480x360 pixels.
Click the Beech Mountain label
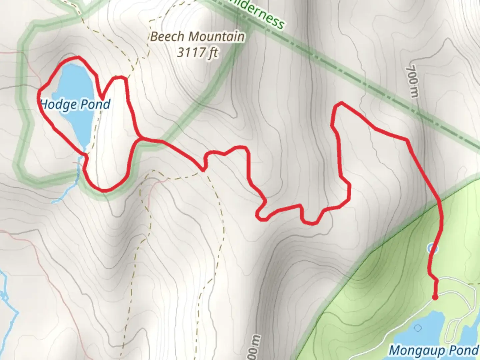197,36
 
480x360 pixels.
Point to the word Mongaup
417,351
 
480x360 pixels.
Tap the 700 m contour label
412,81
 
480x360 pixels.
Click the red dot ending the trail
435,297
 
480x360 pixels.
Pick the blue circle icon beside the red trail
432,248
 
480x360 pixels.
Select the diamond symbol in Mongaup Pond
418,328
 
